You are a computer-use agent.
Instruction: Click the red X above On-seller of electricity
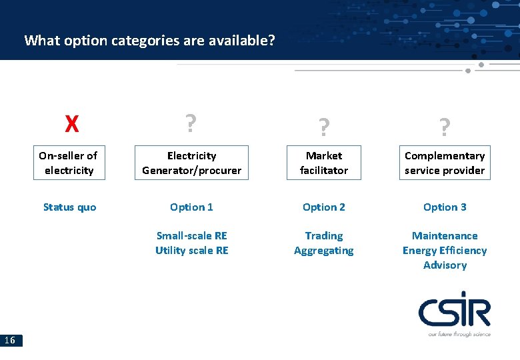(72, 124)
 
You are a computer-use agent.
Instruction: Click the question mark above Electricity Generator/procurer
(191, 123)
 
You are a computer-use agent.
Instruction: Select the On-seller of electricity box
(68, 163)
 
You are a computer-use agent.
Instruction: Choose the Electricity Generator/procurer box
(191, 163)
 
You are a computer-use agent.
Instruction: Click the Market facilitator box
(323, 163)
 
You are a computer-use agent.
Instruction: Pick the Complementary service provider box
(445, 163)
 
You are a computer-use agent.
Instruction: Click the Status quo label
(69, 207)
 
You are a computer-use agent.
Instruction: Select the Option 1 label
(191, 207)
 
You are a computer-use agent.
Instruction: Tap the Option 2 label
(323, 207)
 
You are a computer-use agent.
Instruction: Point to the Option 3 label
(445, 207)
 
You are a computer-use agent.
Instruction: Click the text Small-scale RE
(191, 235)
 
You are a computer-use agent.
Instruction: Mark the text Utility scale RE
(191, 250)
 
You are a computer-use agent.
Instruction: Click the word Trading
(323, 235)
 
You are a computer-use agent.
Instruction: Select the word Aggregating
(323, 250)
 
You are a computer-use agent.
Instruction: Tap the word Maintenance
(445, 235)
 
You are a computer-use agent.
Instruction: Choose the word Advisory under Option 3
(445, 265)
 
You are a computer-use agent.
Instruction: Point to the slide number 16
(11, 341)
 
